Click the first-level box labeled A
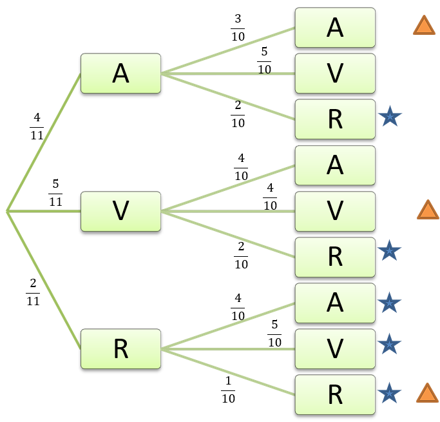pos(120,74)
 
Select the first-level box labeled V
pos(120,211)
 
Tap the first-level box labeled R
pos(120,349)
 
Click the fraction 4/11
pos(37,126)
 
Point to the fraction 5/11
pos(55,192)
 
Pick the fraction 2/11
pos(33,292)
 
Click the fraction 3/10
pos(238,26)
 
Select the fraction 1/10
pos(228,390)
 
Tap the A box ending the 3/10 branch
pos(335,28)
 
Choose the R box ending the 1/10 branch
pos(335,394)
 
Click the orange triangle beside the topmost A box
pos(425,26)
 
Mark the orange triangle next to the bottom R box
pos(427,393)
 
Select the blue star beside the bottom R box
pos(389,393)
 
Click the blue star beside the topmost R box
pos(390,117)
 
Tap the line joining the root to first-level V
pos(44,211)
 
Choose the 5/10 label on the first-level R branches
pos(274,333)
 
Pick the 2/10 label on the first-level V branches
pos(241,256)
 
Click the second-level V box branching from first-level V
pos(335,211)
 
